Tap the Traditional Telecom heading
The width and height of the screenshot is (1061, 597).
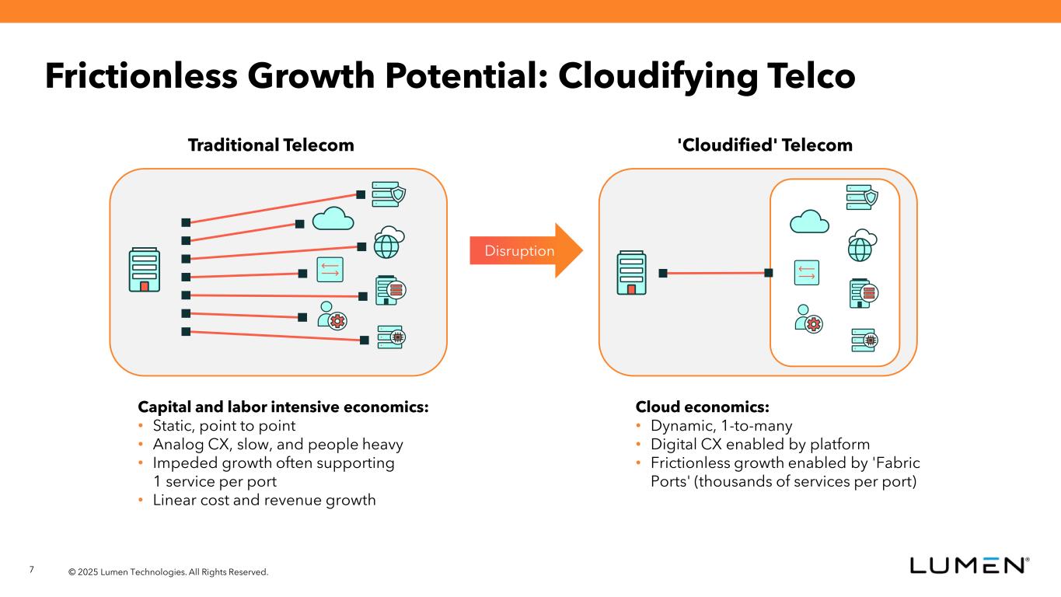coord(270,145)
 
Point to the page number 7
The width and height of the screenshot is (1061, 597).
coord(32,571)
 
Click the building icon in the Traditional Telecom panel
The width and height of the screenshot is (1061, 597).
coord(145,270)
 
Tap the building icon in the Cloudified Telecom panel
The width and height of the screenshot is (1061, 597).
coord(631,273)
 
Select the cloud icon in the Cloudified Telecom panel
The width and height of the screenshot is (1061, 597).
coord(809,222)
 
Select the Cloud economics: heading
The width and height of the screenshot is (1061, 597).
coord(703,407)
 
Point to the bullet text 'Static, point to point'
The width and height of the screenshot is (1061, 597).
coord(224,426)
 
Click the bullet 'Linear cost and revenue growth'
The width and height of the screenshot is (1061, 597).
coord(264,500)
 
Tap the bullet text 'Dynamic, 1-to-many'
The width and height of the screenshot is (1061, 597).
coord(721,426)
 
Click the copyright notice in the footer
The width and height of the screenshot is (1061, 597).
coord(168,572)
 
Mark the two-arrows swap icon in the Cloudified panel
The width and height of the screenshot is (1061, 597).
coord(806,272)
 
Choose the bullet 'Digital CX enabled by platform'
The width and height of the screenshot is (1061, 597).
coord(760,445)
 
